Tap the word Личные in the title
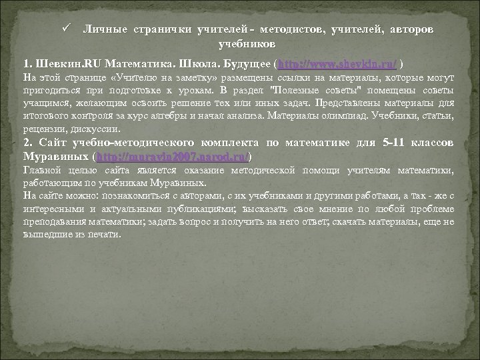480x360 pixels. coord(103,31)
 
